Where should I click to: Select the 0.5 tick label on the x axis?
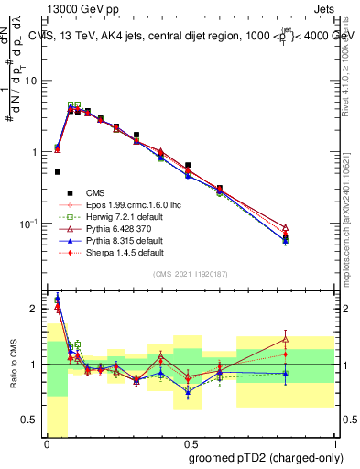(x=190, y=444)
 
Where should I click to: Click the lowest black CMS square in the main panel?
(x=58, y=171)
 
